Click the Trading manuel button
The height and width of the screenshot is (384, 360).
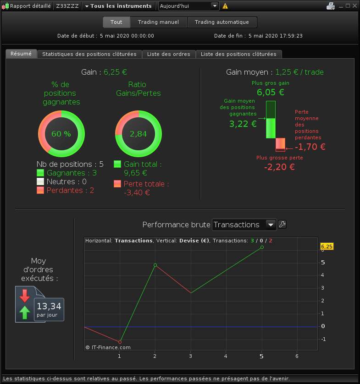pos(158,22)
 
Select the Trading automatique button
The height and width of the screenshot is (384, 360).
pos(222,22)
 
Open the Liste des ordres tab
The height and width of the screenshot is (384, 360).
pos(169,54)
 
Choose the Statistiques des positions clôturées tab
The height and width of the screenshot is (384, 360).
pos(89,54)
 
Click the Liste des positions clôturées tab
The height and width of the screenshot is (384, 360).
pos(238,54)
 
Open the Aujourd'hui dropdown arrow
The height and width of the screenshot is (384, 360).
pos(215,6)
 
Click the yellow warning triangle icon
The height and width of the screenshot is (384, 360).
pos(225,6)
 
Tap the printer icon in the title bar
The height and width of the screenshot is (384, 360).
pos(331,6)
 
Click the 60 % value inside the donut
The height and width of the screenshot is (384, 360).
pos(61,134)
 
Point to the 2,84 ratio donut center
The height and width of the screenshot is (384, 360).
pos(138,134)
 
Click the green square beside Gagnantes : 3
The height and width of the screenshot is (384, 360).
pos(40,173)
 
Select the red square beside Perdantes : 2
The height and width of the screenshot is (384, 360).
pos(40,190)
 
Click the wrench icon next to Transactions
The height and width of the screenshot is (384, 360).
pos(282,225)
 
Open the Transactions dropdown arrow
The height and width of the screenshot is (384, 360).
pos(271,225)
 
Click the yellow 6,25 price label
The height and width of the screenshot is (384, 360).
pos(327,247)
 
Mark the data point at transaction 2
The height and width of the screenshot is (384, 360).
pos(155,265)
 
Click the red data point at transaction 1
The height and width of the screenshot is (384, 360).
pos(120,342)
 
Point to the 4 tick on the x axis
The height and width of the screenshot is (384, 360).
pos(226,356)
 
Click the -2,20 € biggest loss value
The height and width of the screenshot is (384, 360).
pos(279,167)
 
